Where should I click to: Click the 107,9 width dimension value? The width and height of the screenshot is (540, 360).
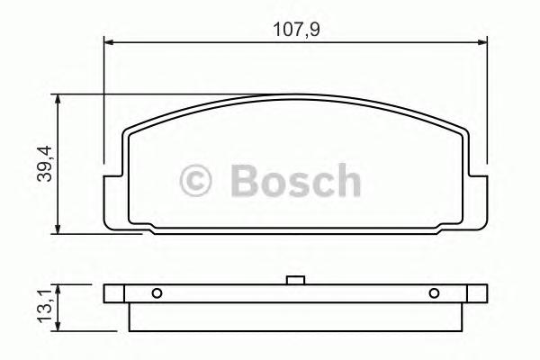pyautogui.click(x=297, y=28)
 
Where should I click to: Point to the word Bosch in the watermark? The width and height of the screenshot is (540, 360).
pyautogui.click(x=295, y=181)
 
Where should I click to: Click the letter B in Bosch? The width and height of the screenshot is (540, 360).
pyautogui.click(x=245, y=181)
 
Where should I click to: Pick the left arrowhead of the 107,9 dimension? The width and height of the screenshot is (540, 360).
pyautogui.click(x=109, y=40)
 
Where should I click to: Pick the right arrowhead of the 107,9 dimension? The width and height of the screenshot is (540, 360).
pyautogui.click(x=483, y=40)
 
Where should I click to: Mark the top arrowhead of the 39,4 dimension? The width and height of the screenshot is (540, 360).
pyautogui.click(x=58, y=98)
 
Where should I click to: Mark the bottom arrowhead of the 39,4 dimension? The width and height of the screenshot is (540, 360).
pyautogui.click(x=58, y=229)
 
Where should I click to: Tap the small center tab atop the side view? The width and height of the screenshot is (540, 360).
pyautogui.click(x=294, y=281)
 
